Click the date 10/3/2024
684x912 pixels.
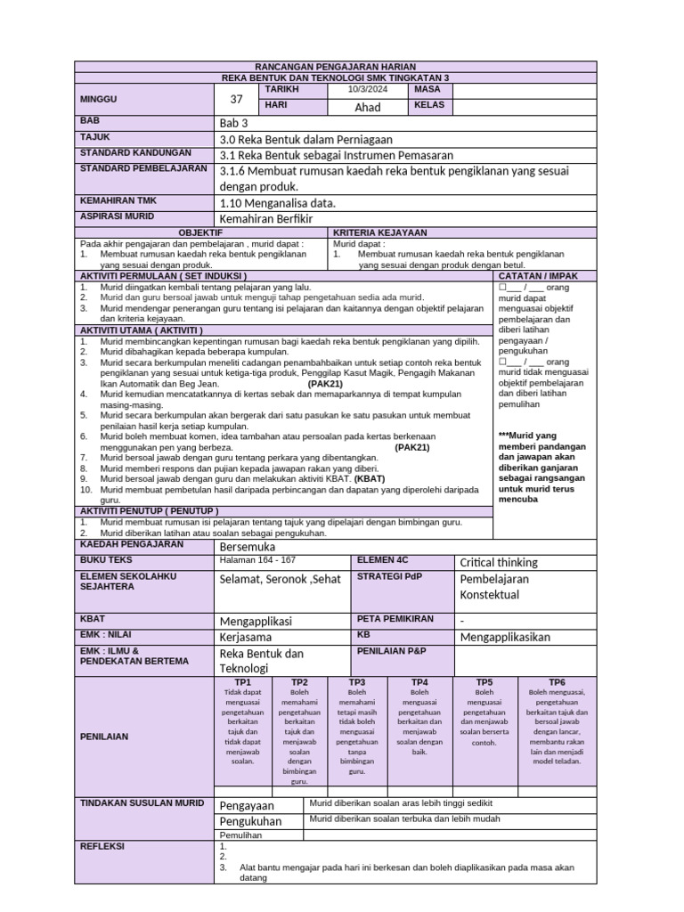(x=368, y=90)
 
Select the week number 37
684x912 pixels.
(x=236, y=99)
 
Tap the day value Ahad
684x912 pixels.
(x=368, y=107)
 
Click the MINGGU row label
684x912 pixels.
(x=99, y=99)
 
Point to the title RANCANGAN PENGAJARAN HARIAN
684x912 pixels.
(x=336, y=67)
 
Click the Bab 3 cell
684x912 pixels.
(x=233, y=123)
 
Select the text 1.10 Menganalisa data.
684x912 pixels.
(x=278, y=203)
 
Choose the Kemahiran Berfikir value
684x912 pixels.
(x=266, y=219)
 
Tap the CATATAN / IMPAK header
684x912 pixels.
(x=544, y=276)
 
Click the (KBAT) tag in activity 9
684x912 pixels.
(x=370, y=478)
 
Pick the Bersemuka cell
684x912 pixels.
(x=248, y=545)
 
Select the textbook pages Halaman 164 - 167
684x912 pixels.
(x=258, y=560)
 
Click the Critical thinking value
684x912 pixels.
(x=498, y=562)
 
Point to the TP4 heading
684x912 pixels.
(x=419, y=681)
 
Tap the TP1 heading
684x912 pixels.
(x=242, y=681)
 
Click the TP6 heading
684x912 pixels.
(x=557, y=681)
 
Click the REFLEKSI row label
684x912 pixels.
(x=102, y=846)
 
